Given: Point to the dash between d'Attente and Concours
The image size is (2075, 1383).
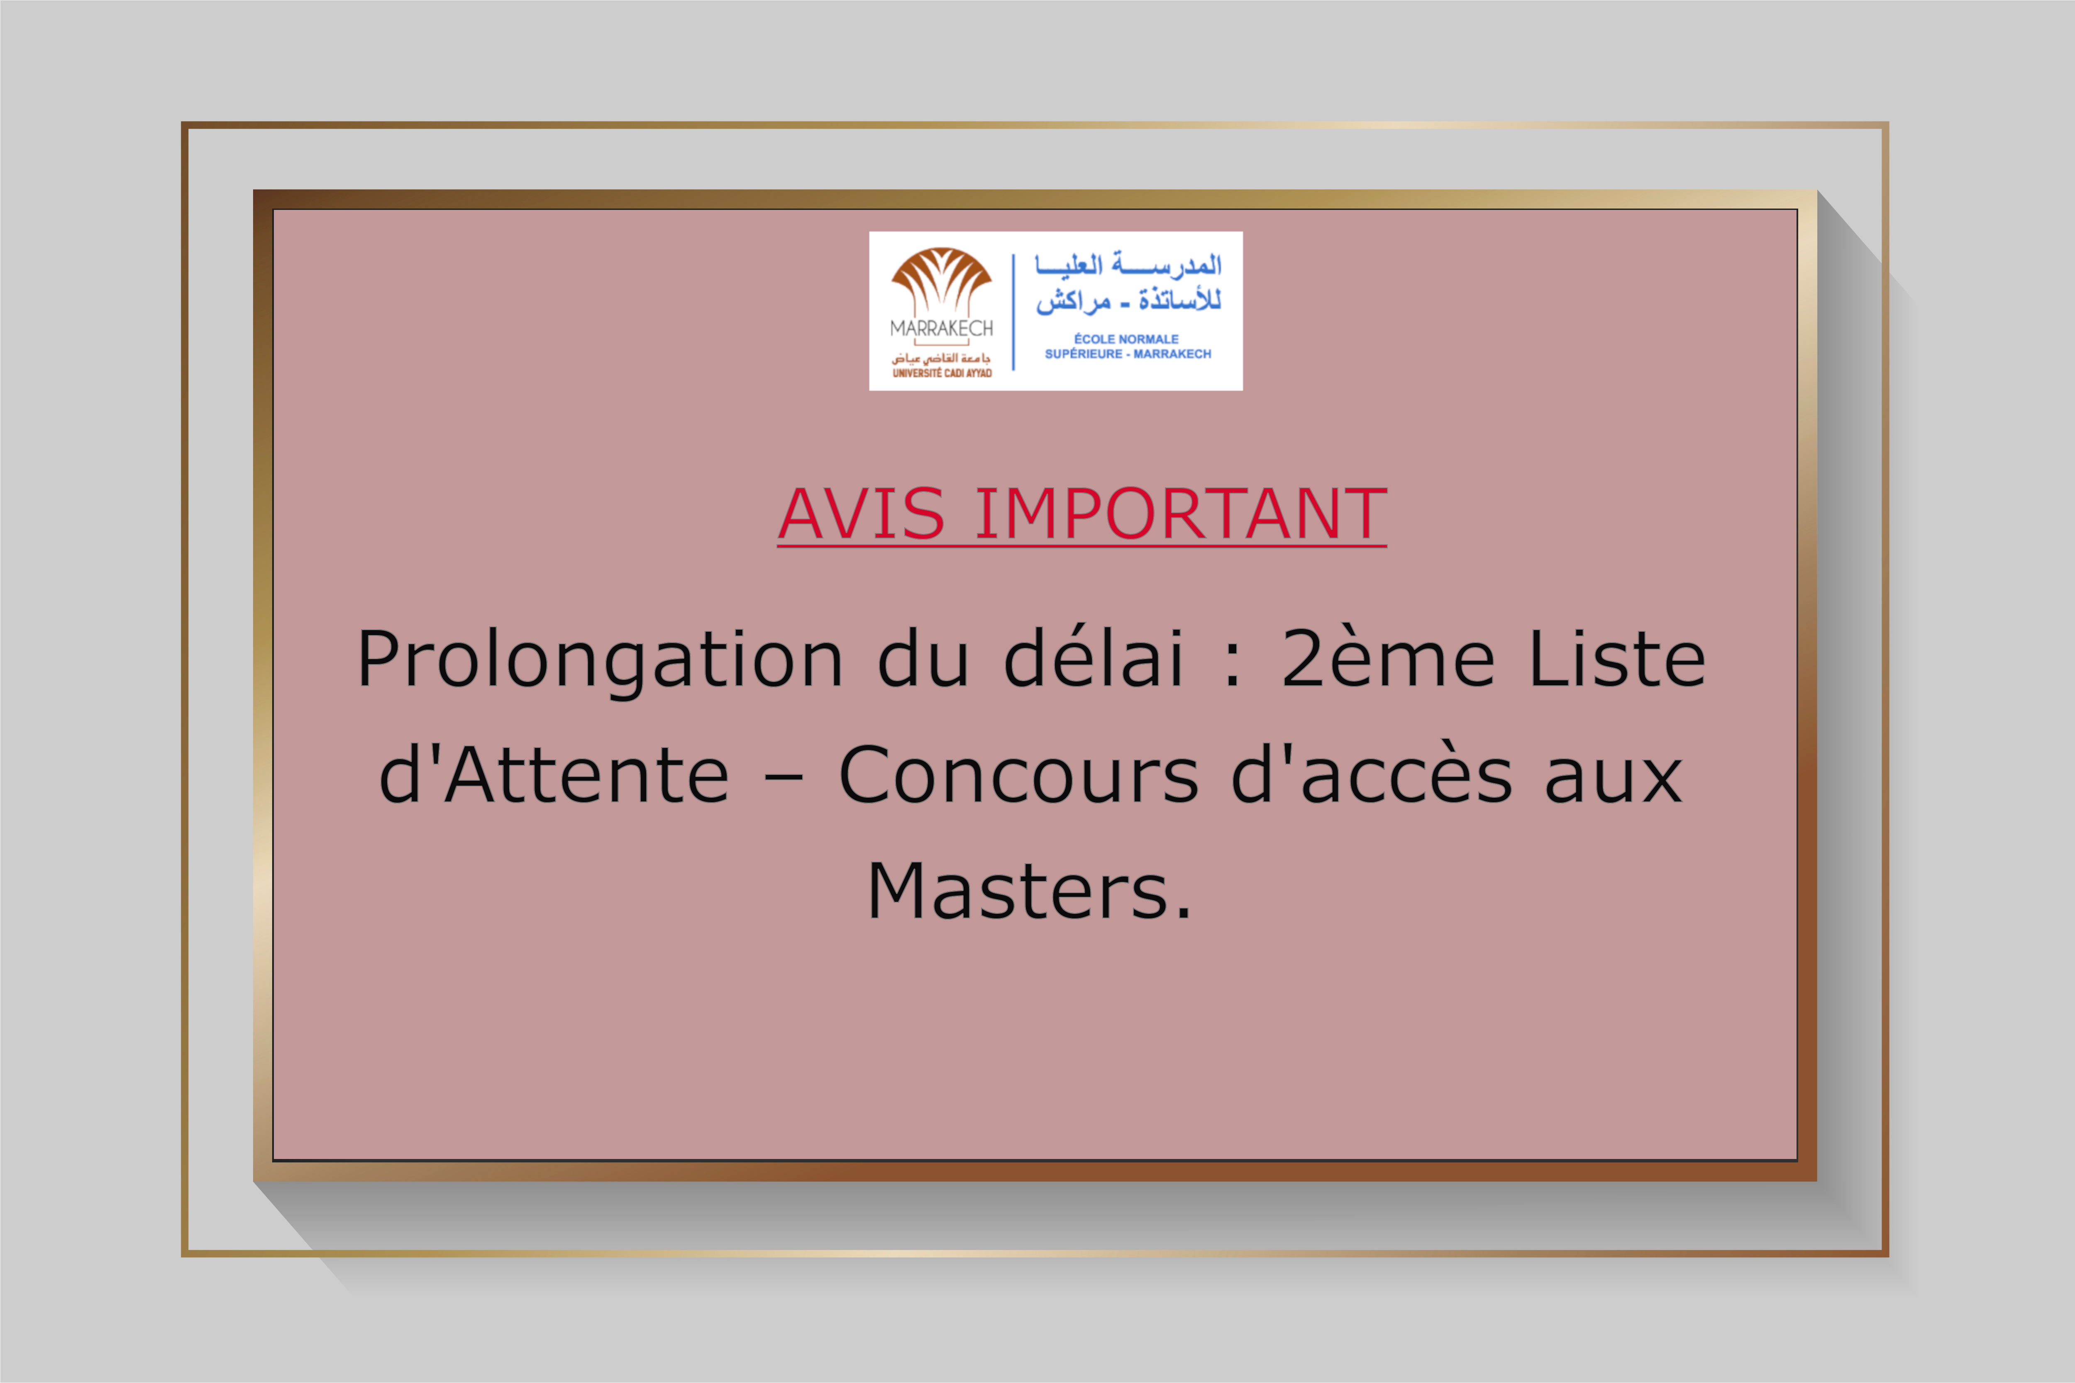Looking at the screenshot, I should coord(784,778).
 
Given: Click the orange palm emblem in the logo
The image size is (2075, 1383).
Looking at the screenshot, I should coord(941,280).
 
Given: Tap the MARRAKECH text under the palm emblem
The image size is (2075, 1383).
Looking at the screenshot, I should coord(941,328).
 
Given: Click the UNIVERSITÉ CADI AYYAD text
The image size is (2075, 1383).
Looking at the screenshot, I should coord(941,373).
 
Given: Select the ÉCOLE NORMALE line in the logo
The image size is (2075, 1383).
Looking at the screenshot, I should coord(1127,338).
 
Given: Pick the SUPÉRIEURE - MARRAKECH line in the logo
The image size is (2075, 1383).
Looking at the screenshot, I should coord(1128,354).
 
